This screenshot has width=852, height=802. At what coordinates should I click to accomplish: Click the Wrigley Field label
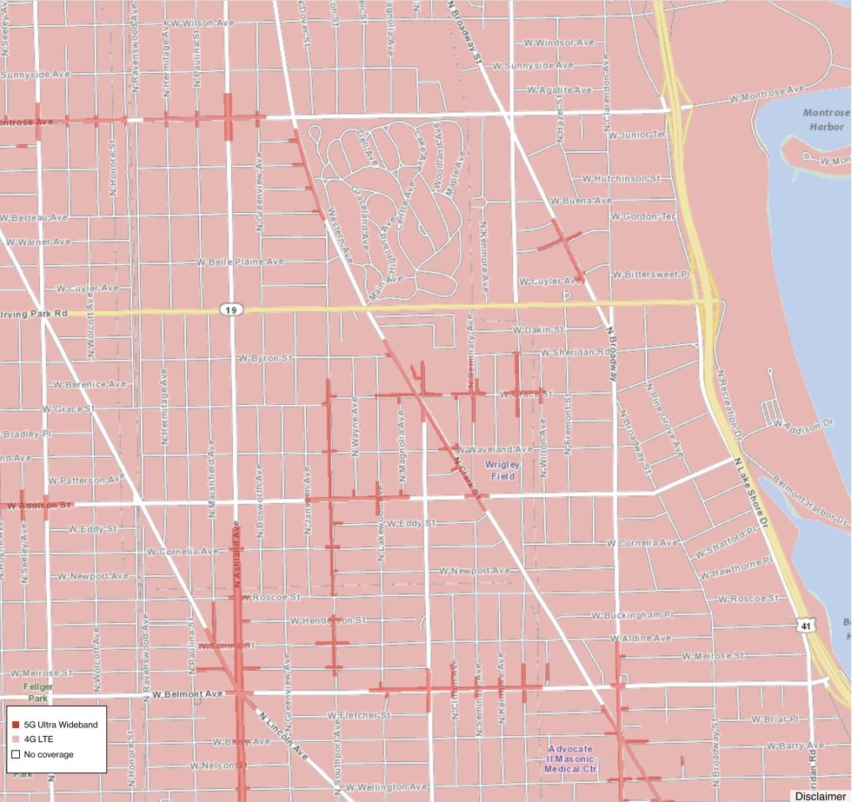[503, 471]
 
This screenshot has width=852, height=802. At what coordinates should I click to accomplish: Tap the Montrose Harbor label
[824, 120]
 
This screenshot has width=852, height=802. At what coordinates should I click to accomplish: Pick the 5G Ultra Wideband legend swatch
[16, 724]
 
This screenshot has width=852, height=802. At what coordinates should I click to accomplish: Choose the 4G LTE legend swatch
[16, 739]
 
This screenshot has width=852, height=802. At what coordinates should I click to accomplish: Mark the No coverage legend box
[16, 754]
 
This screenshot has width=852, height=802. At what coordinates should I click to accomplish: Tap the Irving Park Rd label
[35, 313]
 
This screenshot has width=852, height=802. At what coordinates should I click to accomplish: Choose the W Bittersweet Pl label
[650, 275]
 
